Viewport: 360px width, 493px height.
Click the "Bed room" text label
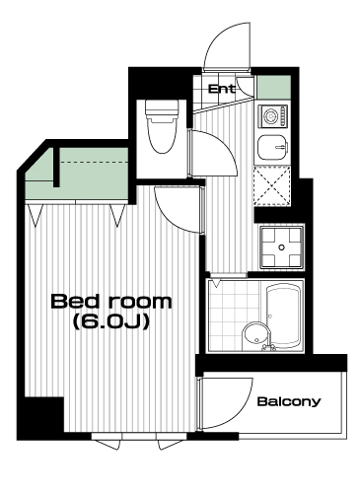click(111, 302)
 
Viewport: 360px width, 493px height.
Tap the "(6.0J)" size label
click(111, 321)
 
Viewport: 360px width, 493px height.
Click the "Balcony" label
click(289, 401)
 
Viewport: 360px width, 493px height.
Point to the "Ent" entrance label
click(222, 89)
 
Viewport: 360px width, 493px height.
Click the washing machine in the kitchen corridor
click(272, 116)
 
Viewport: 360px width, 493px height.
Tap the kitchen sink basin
click(272, 147)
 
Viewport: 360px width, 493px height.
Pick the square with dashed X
click(272, 186)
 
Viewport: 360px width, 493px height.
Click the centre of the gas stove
click(281, 246)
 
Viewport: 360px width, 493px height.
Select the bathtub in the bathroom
click(284, 316)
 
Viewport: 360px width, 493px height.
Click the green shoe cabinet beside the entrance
click(274, 87)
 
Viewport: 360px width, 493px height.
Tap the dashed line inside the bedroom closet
click(94, 162)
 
